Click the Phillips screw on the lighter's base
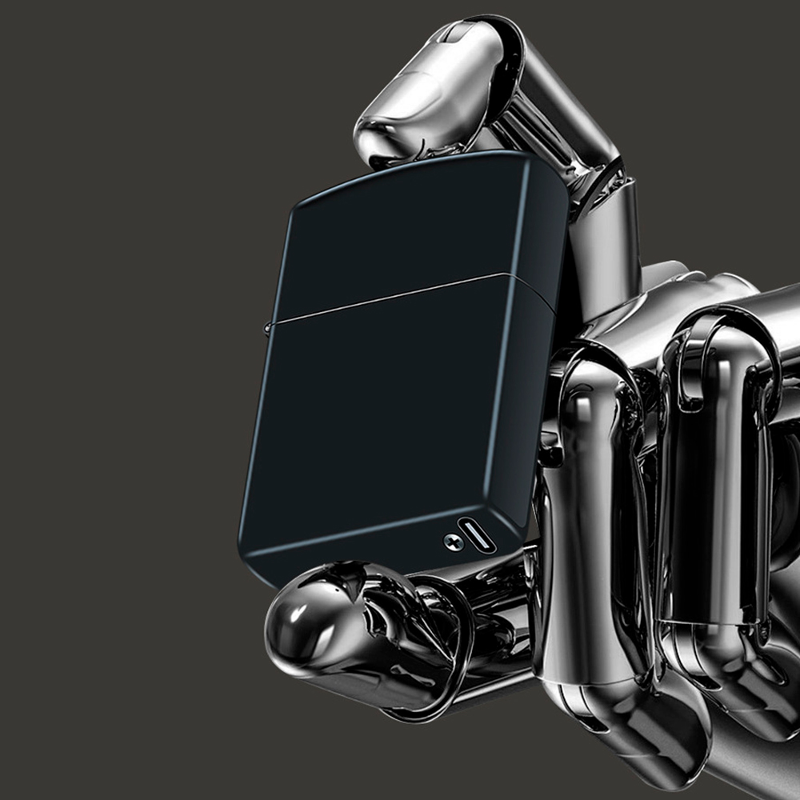point(454,542)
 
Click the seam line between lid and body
point(392,298)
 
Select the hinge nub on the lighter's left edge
point(267,323)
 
